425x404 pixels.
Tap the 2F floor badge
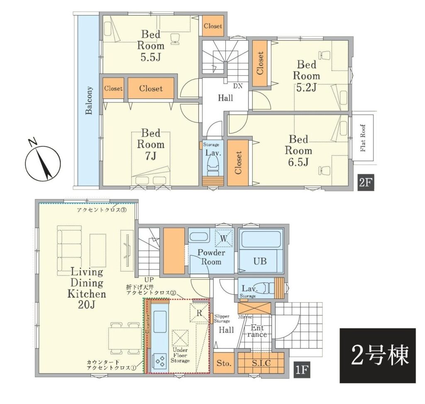tap(366, 183)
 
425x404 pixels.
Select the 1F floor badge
tap(302, 370)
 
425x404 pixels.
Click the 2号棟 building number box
tap(378, 355)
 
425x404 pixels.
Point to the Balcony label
tap(89, 100)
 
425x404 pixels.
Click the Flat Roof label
tap(363, 138)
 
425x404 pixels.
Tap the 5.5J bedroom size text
tap(151, 57)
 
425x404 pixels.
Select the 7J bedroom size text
tap(151, 156)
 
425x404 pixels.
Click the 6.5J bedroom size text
tap(298, 162)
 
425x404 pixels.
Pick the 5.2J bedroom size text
tap(306, 87)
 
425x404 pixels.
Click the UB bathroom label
tap(260, 261)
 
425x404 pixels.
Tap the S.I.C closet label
tap(261, 363)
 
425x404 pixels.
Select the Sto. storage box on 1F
tap(224, 363)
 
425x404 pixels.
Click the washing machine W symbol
tap(224, 239)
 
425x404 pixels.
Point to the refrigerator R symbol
tap(199, 313)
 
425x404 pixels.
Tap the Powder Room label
tap(211, 257)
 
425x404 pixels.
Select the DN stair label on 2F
tap(238, 86)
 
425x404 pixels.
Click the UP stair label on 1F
tap(149, 280)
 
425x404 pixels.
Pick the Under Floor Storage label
tap(180, 355)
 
